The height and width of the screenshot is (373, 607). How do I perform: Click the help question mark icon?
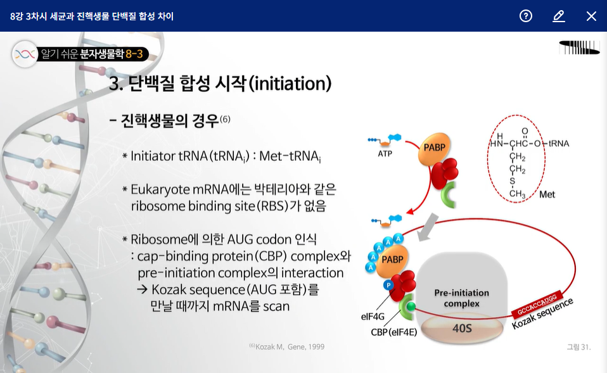tap(525, 16)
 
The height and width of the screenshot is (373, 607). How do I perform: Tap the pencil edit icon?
tap(558, 16)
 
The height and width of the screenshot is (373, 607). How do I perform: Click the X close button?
tap(591, 16)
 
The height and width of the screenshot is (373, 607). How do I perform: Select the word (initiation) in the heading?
tap(290, 83)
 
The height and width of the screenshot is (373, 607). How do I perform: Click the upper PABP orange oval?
tap(435, 148)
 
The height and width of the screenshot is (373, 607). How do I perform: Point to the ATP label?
tap(385, 154)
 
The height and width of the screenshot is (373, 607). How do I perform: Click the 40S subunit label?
tap(462, 328)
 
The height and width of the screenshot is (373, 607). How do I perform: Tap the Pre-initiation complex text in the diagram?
tap(461, 298)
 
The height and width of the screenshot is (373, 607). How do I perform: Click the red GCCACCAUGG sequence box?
tap(537, 305)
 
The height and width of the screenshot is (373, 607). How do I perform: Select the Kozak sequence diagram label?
tap(542, 314)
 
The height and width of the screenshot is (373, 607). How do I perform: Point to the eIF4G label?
tap(373, 317)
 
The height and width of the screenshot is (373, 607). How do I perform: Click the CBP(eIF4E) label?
tap(393, 332)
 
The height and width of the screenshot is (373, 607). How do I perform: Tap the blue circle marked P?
tap(388, 285)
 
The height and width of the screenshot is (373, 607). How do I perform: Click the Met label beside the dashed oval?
tap(547, 194)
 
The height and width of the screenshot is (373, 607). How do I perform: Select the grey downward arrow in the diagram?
tap(428, 227)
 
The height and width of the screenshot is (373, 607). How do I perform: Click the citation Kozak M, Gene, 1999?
tap(287, 346)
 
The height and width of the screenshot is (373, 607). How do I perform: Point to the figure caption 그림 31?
tap(578, 347)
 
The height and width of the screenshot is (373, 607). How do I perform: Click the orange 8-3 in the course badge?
tap(134, 54)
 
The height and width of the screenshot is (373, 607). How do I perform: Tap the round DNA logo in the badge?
tap(25, 54)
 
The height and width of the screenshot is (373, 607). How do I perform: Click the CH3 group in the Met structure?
tap(517, 194)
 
